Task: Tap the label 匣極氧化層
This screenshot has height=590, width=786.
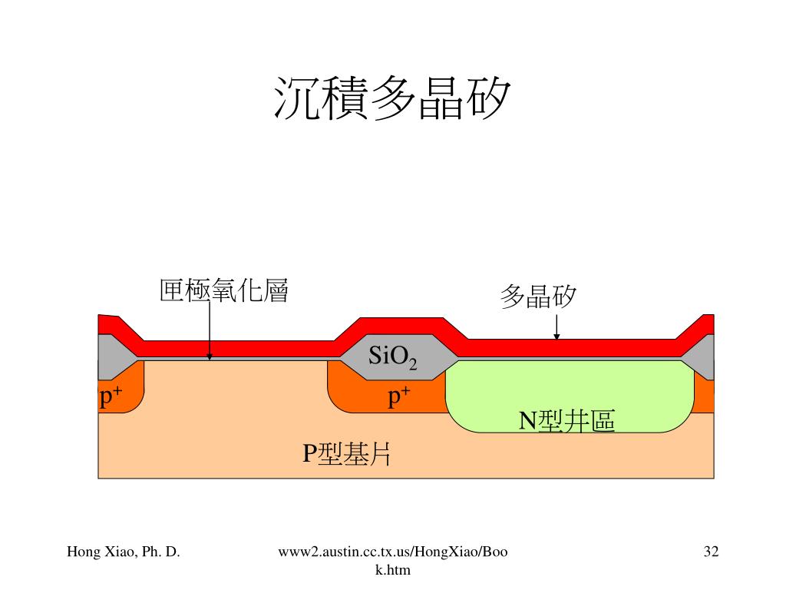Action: tap(224, 291)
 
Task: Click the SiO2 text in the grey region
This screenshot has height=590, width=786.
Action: tap(392, 356)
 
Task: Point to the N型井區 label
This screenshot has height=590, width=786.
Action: tap(567, 421)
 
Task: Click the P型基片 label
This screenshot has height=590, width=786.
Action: tap(347, 454)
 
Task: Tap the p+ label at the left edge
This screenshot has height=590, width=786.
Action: tap(111, 397)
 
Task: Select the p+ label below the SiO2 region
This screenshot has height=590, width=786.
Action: tap(398, 396)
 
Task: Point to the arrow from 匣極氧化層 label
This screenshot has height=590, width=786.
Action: tap(209, 330)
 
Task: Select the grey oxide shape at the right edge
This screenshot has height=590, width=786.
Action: tap(703, 357)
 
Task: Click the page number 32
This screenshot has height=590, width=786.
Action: tap(711, 551)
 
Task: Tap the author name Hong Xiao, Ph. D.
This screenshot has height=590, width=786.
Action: tap(124, 551)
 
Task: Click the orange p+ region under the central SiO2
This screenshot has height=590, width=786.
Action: tap(361, 396)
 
